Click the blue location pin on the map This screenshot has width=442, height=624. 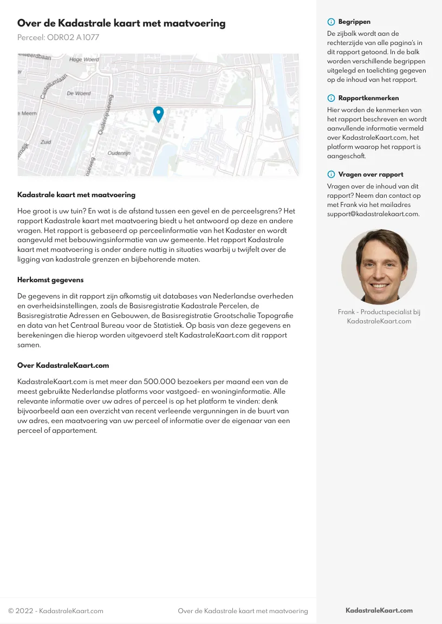pos(158,114)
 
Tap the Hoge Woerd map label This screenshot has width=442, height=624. pos(84,60)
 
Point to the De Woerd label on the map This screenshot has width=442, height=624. pos(79,93)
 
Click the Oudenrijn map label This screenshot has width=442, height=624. pos(119,153)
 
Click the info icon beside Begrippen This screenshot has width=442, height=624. pos(331,22)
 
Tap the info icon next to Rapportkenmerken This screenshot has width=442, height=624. pos(331,99)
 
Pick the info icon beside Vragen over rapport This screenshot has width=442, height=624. pos(331,175)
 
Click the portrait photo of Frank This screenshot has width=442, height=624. pos(379,266)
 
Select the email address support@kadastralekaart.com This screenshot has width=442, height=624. pos(373,214)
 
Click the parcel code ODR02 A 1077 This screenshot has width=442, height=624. pos(58,37)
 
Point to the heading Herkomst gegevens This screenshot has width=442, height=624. pos(50,280)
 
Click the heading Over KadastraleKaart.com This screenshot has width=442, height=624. pos(63,366)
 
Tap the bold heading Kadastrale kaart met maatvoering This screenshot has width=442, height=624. pos(76,194)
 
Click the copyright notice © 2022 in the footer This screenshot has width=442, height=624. pos(55,611)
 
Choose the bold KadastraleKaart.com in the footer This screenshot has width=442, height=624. pos(379,610)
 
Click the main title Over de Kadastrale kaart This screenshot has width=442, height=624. pos(121,23)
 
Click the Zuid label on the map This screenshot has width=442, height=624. pos(45,142)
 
